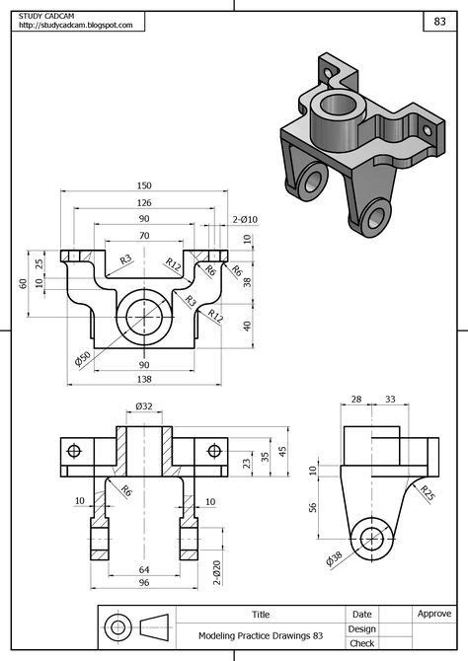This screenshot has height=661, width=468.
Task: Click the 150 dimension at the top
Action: pos(144,185)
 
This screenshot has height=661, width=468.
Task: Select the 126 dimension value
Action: pos(144,202)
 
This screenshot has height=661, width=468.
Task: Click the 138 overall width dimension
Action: pos(144,379)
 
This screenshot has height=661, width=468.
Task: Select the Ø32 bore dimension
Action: pos(144,405)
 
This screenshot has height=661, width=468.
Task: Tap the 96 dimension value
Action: pos(144,583)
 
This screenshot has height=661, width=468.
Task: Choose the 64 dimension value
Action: pos(144,569)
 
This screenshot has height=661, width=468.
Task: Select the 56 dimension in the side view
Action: pos(313,508)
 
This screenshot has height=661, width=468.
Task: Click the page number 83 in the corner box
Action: pos(438,21)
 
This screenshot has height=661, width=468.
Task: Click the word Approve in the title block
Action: pos(433,614)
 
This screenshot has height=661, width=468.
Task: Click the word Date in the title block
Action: pos(362,614)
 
